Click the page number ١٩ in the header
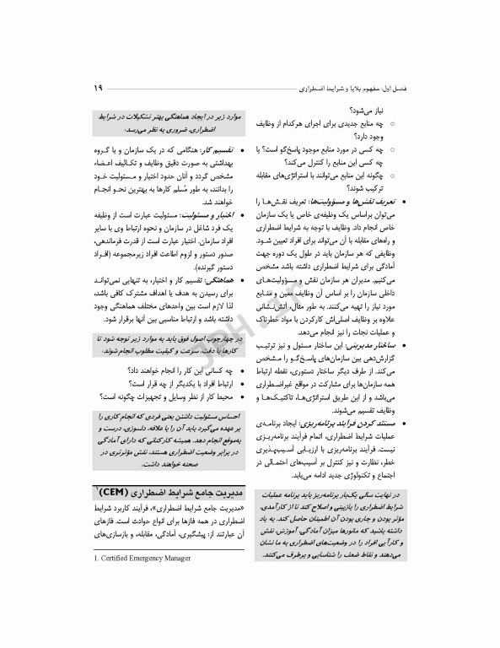(99, 88)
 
